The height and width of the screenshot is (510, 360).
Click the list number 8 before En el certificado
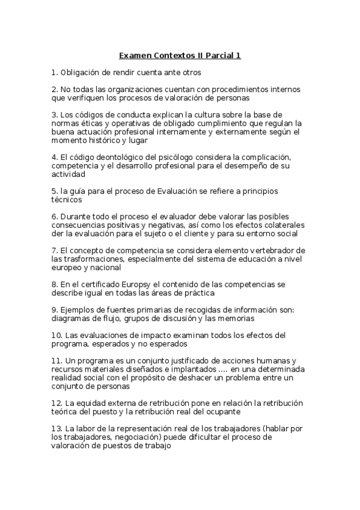coord(54,283)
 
